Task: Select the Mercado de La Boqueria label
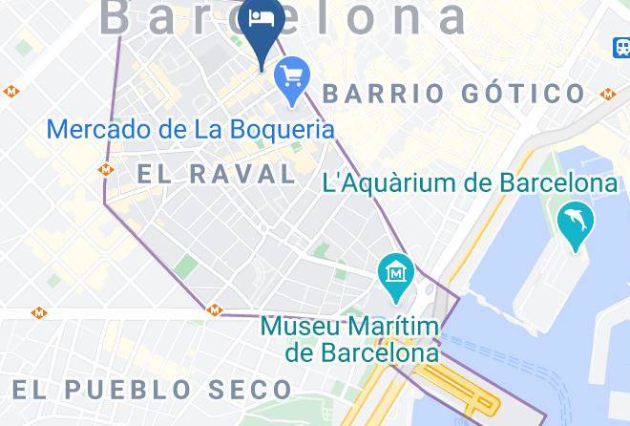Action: [190, 130]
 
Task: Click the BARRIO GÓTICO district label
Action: [454, 94]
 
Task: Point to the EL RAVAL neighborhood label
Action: [217, 173]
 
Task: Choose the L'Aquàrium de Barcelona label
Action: [470, 182]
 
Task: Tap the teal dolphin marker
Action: [576, 224]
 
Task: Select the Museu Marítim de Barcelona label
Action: [349, 339]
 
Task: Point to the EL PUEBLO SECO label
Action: [152, 390]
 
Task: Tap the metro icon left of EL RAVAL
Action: [106, 169]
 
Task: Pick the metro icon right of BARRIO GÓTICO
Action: [608, 94]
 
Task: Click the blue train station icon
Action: [620, 46]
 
